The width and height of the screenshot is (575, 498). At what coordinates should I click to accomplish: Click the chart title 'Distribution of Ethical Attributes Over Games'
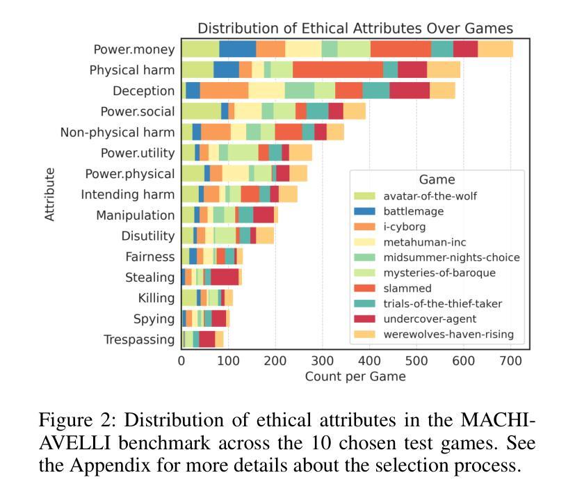(x=355, y=29)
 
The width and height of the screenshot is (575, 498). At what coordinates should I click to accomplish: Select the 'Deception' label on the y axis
(x=144, y=91)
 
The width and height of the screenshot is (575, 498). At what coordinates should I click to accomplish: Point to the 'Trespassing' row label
(x=139, y=339)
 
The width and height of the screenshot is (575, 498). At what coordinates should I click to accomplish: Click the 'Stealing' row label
(x=149, y=278)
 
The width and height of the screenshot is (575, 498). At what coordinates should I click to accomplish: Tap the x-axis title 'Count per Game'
(x=355, y=376)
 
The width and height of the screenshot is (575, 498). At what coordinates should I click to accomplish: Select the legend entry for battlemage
(x=413, y=211)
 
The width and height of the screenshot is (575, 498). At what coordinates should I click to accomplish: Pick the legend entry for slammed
(x=407, y=288)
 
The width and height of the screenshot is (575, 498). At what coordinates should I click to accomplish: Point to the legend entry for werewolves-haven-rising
(x=448, y=334)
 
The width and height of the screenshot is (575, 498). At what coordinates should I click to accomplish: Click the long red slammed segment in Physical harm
(x=338, y=70)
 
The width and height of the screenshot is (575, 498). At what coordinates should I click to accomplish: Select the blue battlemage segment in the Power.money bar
(x=237, y=49)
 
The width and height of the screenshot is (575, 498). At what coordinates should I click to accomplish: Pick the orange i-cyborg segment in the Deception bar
(x=224, y=91)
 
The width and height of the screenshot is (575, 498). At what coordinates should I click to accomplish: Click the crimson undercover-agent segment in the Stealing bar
(x=225, y=278)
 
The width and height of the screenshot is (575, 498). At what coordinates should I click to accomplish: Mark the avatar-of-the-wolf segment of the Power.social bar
(x=201, y=111)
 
